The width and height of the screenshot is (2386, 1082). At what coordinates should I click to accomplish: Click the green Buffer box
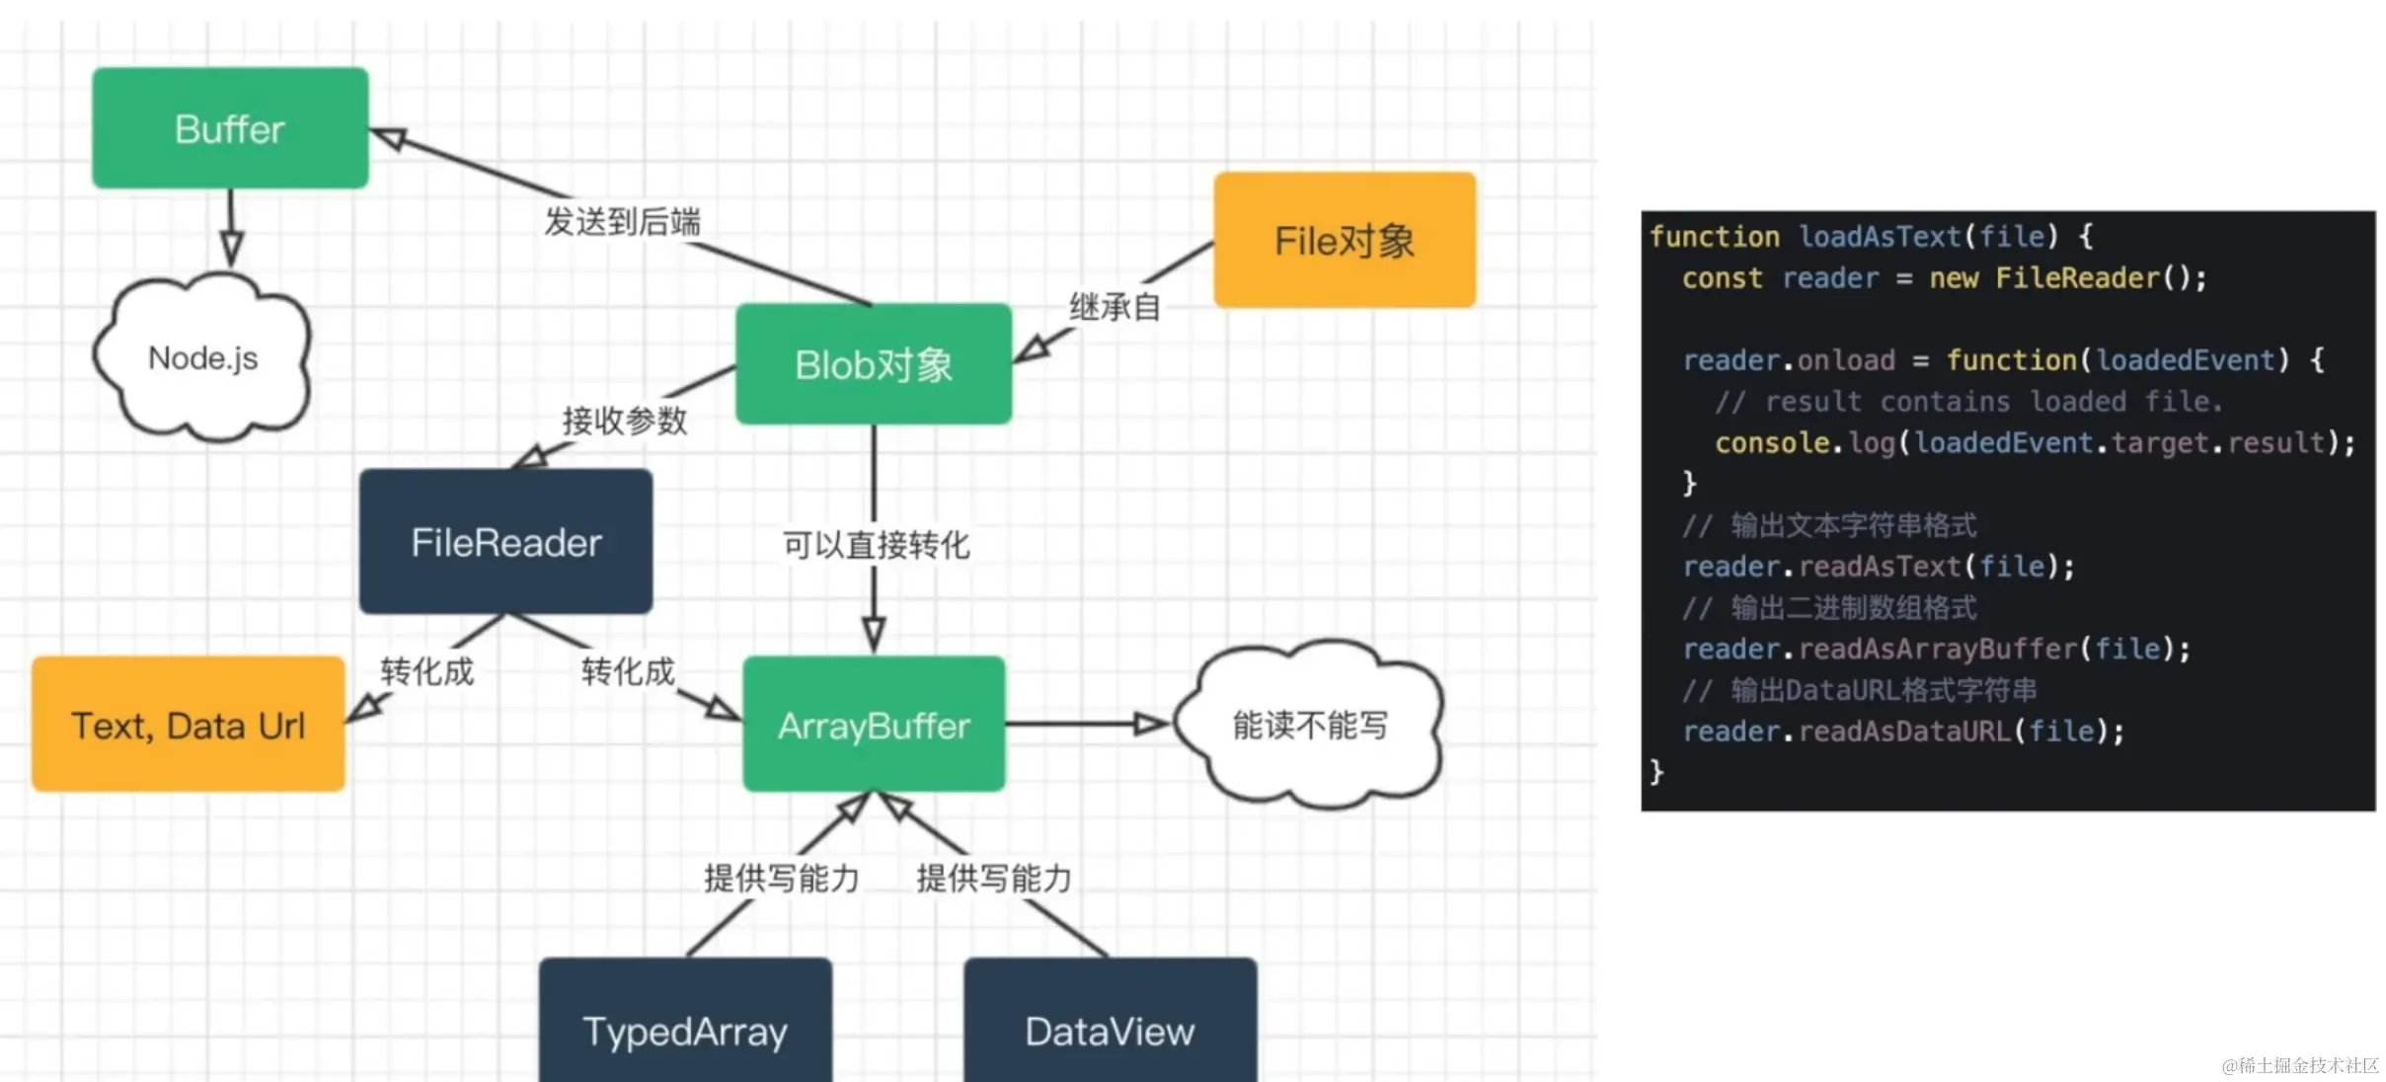coord(230,128)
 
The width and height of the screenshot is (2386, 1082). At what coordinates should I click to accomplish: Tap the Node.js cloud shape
coord(203,358)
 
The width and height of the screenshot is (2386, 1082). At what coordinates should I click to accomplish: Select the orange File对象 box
coord(1345,241)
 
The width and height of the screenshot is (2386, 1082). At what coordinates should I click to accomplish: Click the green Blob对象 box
coord(874,365)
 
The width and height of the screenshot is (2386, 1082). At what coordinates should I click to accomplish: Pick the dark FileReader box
coord(505,542)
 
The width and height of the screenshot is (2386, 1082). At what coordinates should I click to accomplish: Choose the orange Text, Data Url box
coord(189,726)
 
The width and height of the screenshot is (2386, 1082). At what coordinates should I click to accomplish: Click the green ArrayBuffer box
coord(874,726)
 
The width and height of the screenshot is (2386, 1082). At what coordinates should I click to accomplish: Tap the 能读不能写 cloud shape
coord(1310,726)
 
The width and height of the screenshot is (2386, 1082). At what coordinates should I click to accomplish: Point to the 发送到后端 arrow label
coord(623,222)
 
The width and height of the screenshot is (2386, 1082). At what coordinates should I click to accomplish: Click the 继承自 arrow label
coord(1115,307)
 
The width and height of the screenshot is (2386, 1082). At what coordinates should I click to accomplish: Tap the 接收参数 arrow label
coord(625,422)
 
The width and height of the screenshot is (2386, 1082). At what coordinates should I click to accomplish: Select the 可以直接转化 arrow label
coord(877,545)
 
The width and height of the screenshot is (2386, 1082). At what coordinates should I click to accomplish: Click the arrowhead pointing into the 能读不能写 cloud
coord(1151,725)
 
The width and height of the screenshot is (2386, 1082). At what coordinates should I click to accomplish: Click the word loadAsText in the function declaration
coord(1879,237)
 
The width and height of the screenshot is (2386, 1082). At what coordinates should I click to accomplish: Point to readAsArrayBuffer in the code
coord(1938,649)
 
